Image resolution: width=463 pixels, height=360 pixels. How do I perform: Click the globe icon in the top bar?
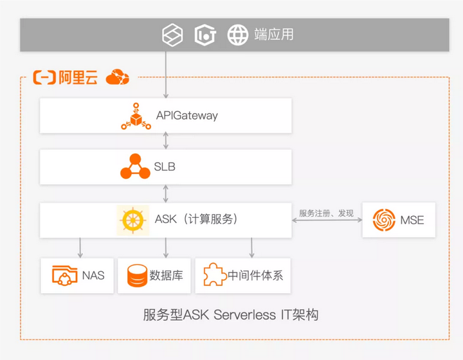238,35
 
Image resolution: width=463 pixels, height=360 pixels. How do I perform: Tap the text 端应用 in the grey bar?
274,35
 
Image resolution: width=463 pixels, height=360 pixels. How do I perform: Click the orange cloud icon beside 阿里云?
117,77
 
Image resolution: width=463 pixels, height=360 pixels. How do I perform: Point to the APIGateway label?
186,116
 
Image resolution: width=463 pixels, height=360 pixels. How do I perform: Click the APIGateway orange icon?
136,116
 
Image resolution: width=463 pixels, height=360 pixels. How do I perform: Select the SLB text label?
165,167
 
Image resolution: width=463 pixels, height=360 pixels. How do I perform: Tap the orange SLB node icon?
135,166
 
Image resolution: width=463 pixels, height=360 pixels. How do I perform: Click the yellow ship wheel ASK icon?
133,220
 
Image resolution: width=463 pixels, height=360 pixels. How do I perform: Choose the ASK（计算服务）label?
196,219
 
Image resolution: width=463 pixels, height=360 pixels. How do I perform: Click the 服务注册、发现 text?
326,213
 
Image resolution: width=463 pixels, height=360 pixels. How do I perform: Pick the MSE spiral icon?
385,220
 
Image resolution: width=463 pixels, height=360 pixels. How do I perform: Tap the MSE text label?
412,220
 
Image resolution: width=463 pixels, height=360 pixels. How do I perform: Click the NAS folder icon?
64,276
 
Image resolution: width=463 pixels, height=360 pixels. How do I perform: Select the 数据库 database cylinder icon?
137,276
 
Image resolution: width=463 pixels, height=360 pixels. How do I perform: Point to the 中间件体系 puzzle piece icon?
214,276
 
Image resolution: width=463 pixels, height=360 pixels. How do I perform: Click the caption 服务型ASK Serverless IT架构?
231,315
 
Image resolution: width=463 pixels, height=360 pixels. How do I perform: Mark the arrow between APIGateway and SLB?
167,140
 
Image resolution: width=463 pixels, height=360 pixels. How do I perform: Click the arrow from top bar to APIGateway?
167,74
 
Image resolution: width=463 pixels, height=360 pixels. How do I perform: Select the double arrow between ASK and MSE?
326,221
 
